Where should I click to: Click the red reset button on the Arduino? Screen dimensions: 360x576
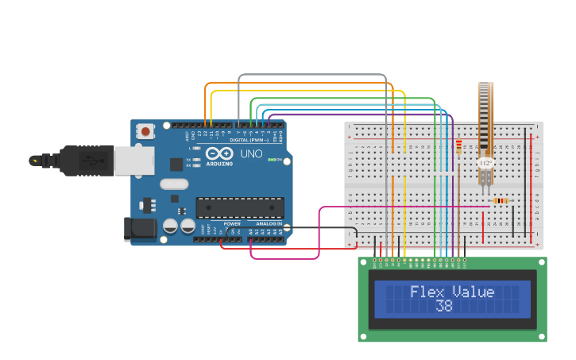click(146, 130)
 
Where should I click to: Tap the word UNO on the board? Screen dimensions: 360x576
click(251, 154)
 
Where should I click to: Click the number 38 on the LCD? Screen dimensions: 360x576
click(444, 306)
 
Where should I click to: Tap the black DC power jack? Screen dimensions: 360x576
click(141, 229)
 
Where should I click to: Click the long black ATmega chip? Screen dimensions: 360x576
click(239, 207)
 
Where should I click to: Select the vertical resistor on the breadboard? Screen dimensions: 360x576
click(458, 147)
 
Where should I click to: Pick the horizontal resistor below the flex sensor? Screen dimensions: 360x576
click(500, 200)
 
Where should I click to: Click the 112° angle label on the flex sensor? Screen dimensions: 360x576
click(485, 162)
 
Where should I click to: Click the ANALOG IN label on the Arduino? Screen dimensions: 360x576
click(268, 224)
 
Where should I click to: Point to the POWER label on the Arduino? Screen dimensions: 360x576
click(232, 224)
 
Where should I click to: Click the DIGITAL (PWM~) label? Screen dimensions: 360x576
click(248, 139)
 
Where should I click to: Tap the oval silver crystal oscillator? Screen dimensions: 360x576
click(174, 184)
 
